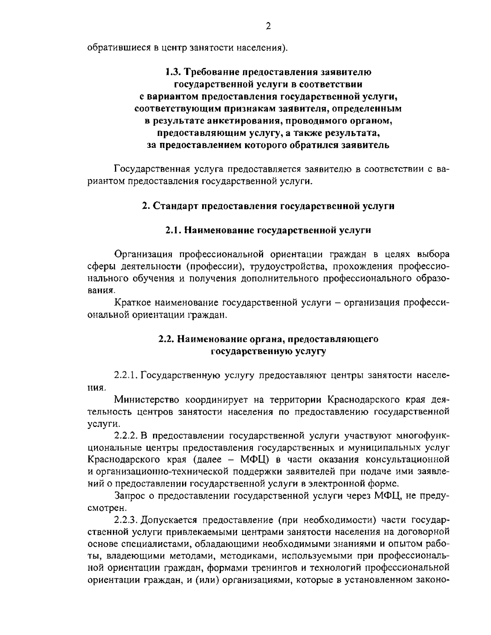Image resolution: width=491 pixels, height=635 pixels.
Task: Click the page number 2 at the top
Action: pos(268,26)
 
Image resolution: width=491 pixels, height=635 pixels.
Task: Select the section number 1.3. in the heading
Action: pos(172,72)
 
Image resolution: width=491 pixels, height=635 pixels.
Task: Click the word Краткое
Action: pos(133,303)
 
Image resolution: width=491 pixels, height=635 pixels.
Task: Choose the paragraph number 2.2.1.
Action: pos(126,375)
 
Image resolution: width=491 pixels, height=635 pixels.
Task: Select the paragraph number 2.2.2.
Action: pos(126,435)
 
